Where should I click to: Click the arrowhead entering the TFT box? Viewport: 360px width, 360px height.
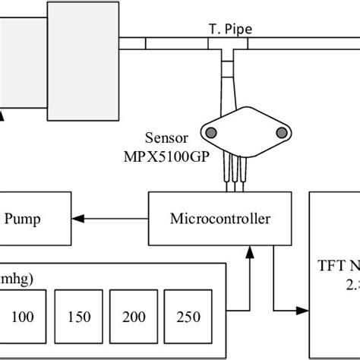305,310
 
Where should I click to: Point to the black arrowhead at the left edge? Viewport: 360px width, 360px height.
2,116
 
